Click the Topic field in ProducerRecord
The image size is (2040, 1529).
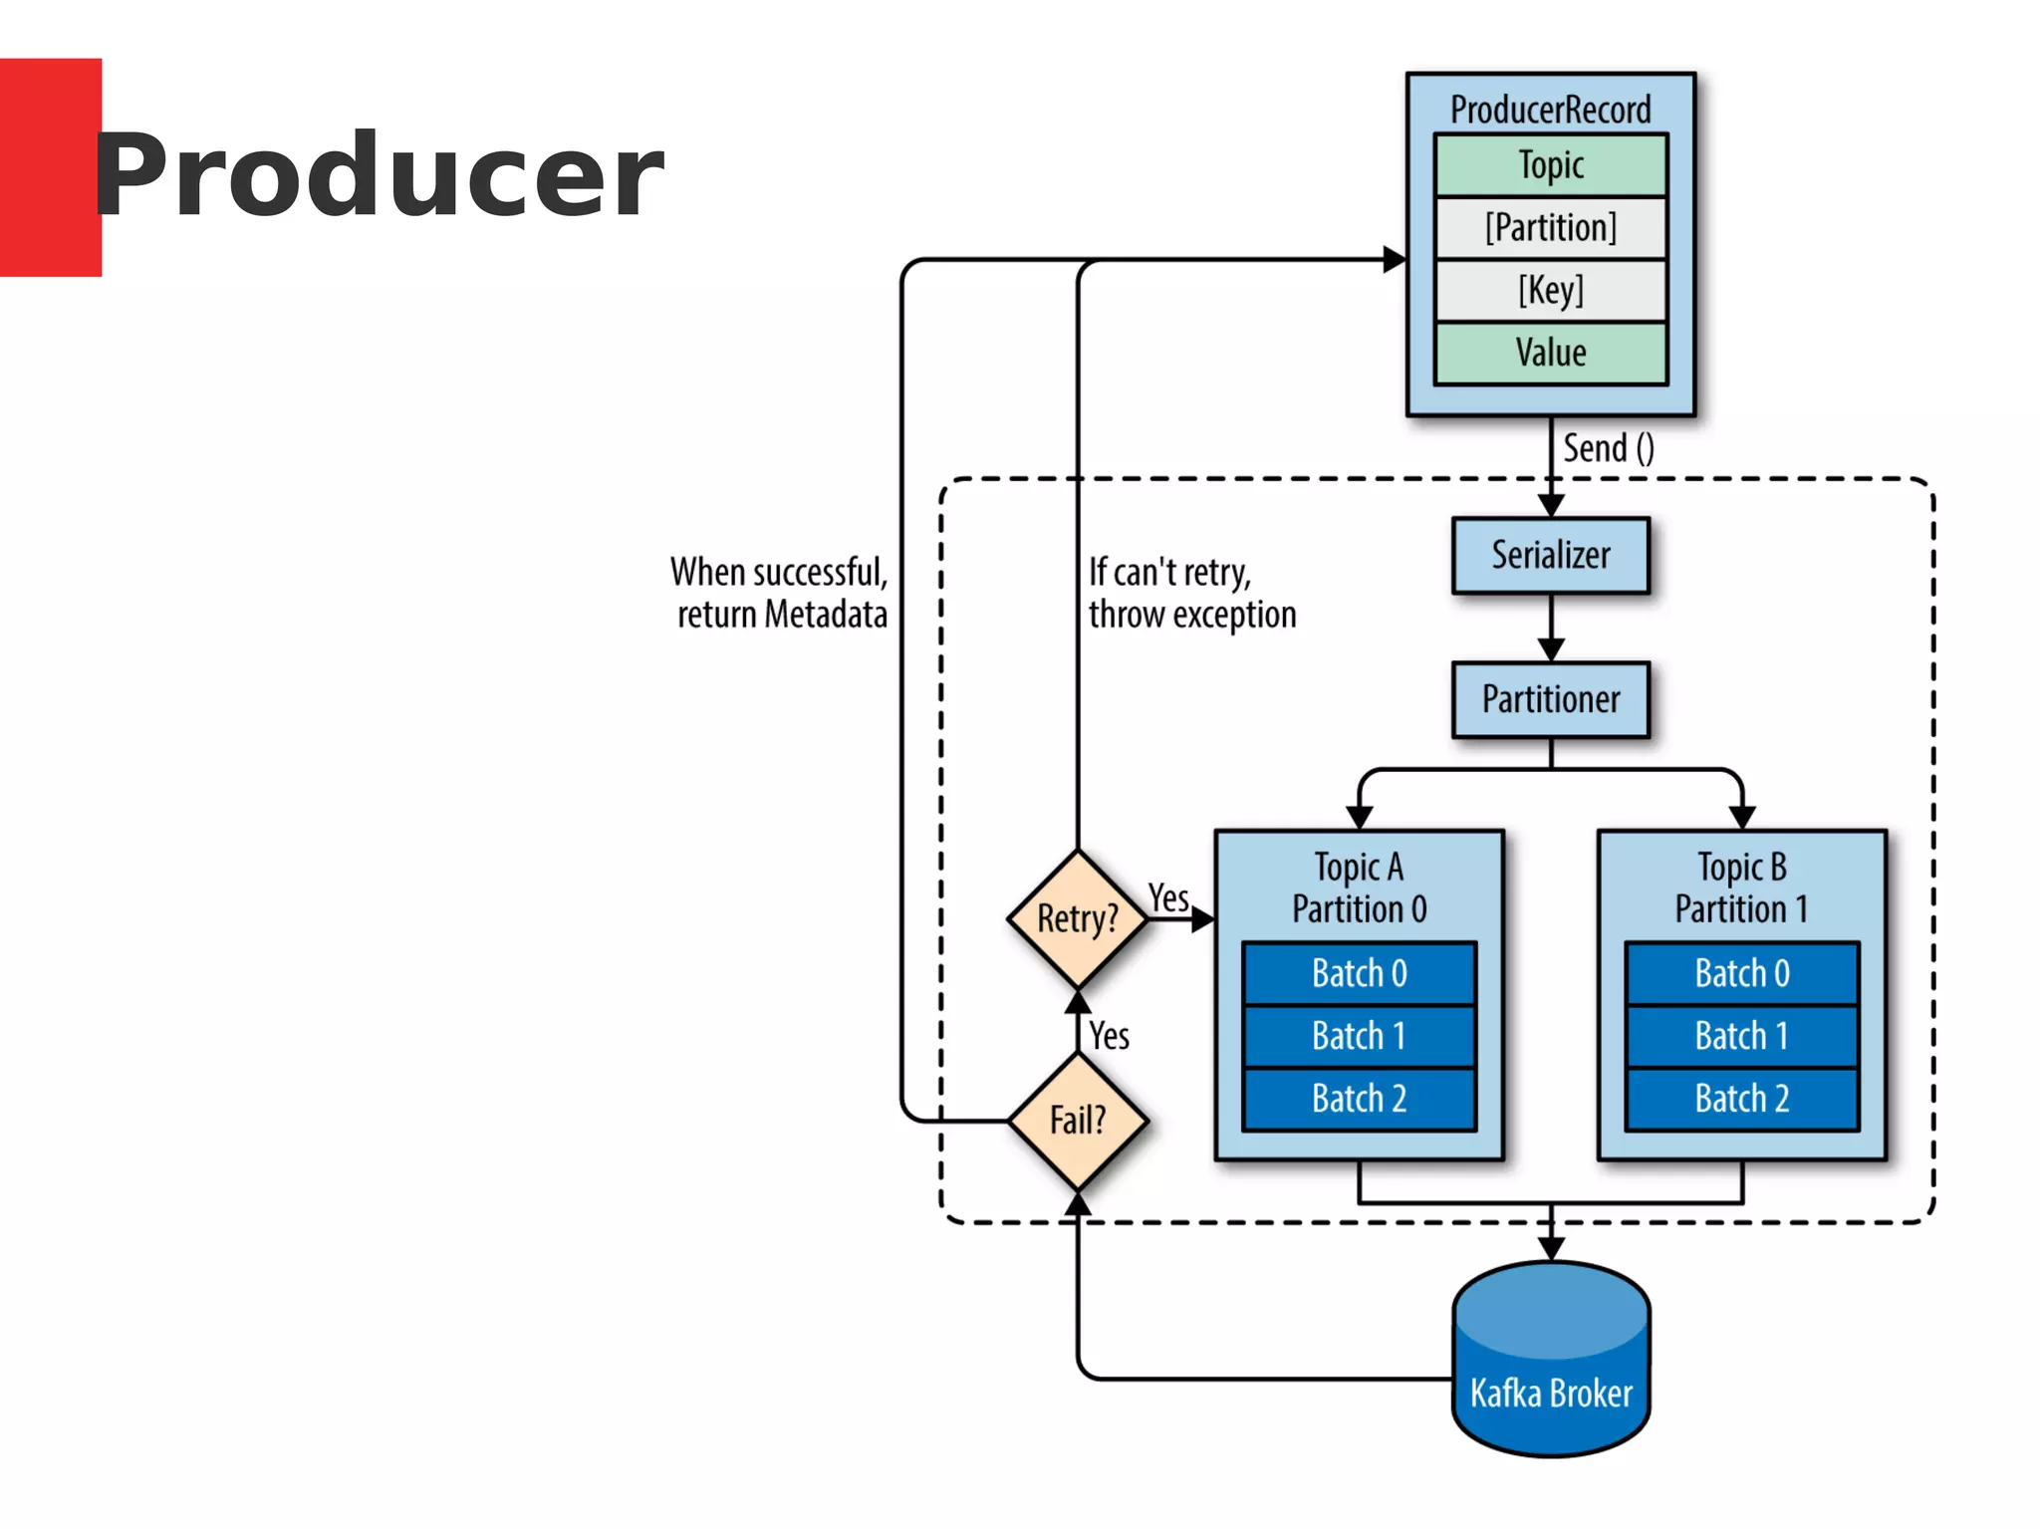[x=1550, y=165]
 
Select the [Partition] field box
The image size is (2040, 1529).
[x=1550, y=228]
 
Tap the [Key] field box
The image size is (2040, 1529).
[x=1550, y=291]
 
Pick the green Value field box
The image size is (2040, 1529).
[x=1550, y=353]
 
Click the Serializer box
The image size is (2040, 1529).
[x=1550, y=555]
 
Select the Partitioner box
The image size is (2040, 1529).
[x=1550, y=699]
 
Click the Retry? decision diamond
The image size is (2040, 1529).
[x=1078, y=918]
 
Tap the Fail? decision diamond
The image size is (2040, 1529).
[x=1078, y=1121]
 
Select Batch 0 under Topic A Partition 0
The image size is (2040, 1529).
[x=1359, y=973]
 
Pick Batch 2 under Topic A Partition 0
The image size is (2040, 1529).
[x=1359, y=1099]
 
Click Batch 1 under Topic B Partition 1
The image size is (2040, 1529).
[x=1741, y=1036]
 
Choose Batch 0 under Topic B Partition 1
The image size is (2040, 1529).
[x=1741, y=973]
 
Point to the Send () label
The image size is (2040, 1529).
[x=1608, y=448]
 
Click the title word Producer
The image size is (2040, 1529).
[x=379, y=175]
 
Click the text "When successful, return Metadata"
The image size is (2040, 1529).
[x=780, y=594]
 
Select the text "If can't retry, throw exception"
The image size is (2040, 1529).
[x=1191, y=594]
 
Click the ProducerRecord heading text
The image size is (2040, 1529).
[x=1550, y=110]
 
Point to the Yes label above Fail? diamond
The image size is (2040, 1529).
[x=1109, y=1036]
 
